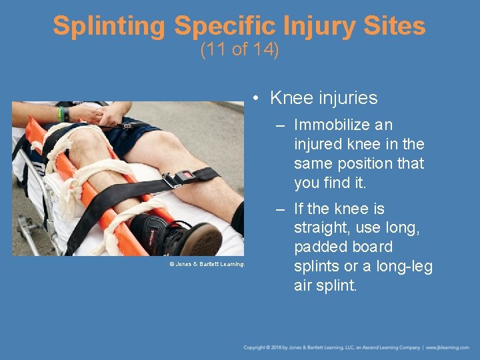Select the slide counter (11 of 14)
[239, 51]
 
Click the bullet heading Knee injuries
[323, 98]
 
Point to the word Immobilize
[331, 125]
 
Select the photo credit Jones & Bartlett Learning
[207, 265]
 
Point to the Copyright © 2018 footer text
[267, 348]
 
